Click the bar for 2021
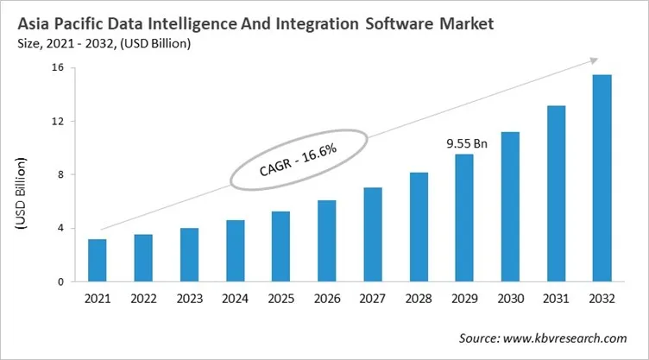point(98,260)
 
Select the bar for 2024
point(235,250)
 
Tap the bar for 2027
point(372,234)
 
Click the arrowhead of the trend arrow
point(593,60)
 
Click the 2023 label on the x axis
point(189,298)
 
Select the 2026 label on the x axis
point(326,298)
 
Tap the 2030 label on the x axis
point(510,298)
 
